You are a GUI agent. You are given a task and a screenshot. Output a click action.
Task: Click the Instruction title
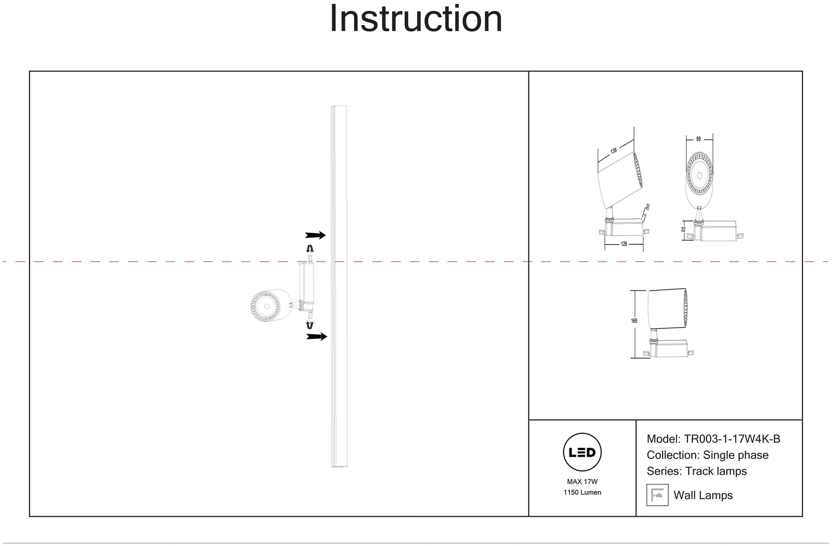[x=416, y=19]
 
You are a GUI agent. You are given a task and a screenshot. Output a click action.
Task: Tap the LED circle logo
[x=582, y=452]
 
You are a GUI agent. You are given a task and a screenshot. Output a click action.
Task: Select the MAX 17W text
[x=582, y=482]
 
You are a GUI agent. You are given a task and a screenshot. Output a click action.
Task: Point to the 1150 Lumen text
[x=582, y=492]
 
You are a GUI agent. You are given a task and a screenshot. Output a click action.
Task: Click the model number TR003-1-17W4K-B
[x=732, y=439]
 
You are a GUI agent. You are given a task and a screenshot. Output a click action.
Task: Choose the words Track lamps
[x=716, y=471]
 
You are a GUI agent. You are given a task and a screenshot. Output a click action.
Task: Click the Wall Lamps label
[x=703, y=495]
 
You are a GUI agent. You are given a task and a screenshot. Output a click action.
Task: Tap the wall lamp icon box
[x=657, y=495]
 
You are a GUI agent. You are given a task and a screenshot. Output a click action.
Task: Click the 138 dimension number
[x=614, y=151]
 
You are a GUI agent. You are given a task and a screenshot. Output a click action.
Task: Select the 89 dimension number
[x=698, y=139]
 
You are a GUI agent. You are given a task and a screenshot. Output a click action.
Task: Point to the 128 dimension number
[x=624, y=244]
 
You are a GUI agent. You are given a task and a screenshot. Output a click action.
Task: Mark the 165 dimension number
[x=634, y=321]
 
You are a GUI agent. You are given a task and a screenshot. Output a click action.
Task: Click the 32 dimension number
[x=683, y=230]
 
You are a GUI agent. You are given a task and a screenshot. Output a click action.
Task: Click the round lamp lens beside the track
[x=265, y=306]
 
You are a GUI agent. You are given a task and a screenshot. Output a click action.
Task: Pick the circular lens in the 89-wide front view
[x=699, y=174]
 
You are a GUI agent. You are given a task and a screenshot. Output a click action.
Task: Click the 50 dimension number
[x=647, y=207]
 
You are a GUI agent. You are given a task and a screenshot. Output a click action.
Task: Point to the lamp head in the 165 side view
[x=668, y=308]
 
